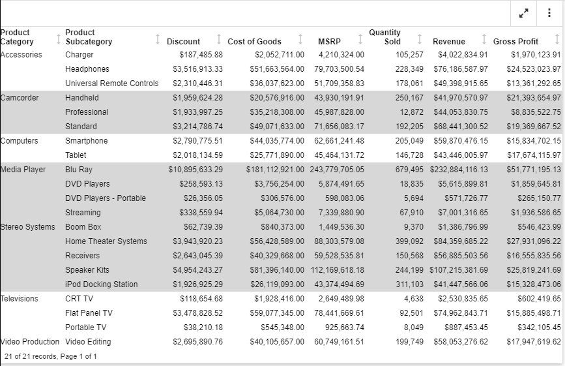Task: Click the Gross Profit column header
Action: [515, 42]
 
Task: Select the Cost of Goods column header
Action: [254, 42]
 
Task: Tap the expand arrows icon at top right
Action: [523, 13]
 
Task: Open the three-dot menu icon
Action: [549, 13]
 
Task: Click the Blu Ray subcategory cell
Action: [79, 170]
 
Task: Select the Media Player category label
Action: [23, 170]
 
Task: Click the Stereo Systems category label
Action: [28, 227]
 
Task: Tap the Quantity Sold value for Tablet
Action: [409, 155]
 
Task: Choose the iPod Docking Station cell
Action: [101, 284]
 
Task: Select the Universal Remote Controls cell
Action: [111, 84]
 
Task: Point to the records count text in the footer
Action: [50, 356]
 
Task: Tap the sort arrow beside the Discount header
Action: [219, 39]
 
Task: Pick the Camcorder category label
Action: [20, 98]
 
